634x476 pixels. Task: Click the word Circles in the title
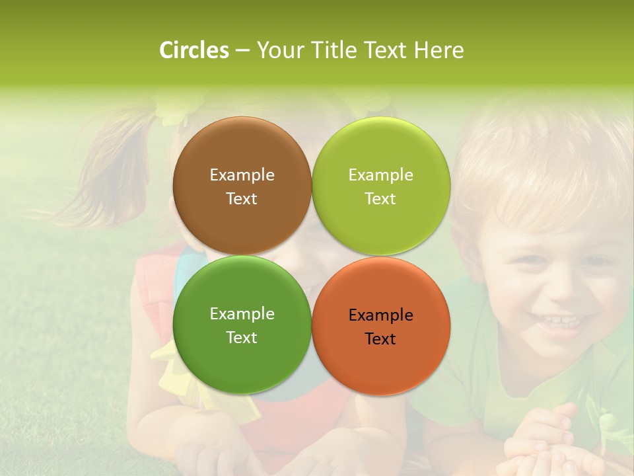[194, 50]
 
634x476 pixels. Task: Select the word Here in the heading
[439, 50]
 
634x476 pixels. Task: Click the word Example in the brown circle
[242, 175]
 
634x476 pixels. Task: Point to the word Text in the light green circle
[380, 199]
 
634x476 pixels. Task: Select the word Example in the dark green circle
[242, 314]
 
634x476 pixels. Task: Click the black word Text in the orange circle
[380, 339]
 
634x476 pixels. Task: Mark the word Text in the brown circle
[242, 199]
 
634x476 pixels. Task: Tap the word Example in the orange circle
[380, 315]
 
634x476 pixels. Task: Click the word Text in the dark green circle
[242, 338]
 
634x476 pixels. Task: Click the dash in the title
[242, 51]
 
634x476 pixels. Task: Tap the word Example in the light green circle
[380, 175]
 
